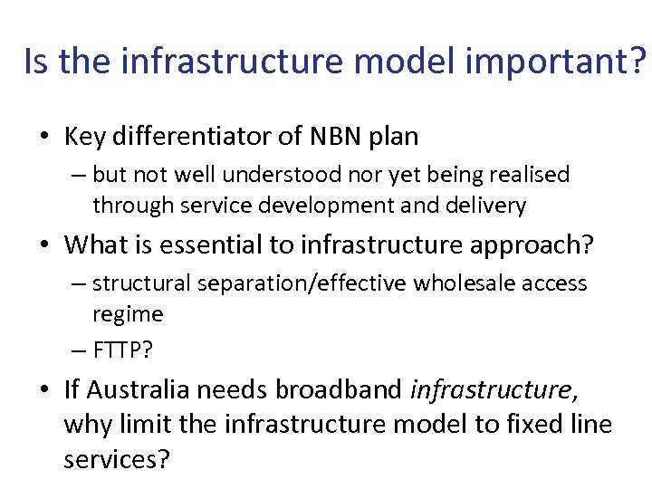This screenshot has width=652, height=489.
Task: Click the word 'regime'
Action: (x=128, y=314)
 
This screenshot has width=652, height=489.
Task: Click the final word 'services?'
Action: (x=116, y=458)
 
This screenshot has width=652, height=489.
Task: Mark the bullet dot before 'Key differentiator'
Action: (x=45, y=138)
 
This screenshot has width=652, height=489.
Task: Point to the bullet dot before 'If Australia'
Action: (x=45, y=391)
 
